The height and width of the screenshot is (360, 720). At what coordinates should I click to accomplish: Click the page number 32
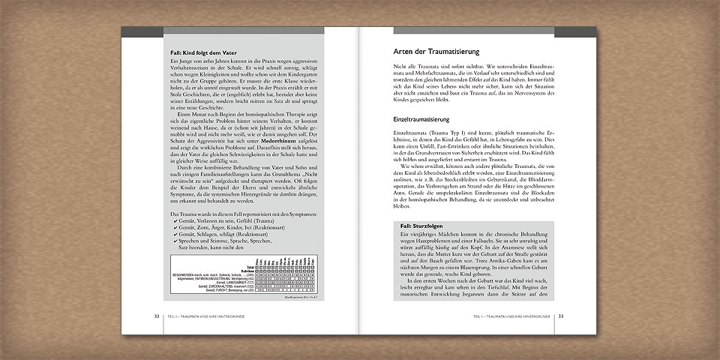pyautogui.click(x=157, y=316)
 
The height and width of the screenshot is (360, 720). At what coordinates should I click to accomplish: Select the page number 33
pyautogui.click(x=561, y=316)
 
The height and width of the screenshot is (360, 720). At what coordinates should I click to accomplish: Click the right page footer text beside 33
pyautogui.click(x=512, y=316)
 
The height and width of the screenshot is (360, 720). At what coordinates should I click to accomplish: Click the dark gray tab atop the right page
pyautogui.click(x=576, y=31)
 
